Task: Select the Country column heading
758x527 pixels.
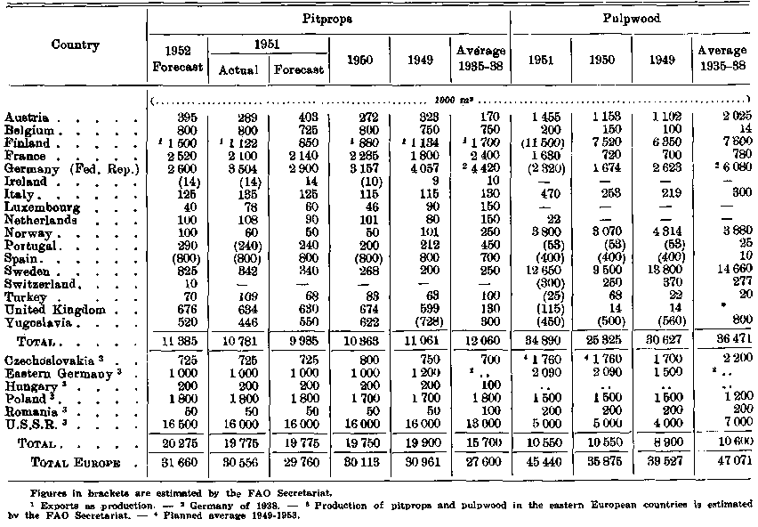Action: [75, 45]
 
